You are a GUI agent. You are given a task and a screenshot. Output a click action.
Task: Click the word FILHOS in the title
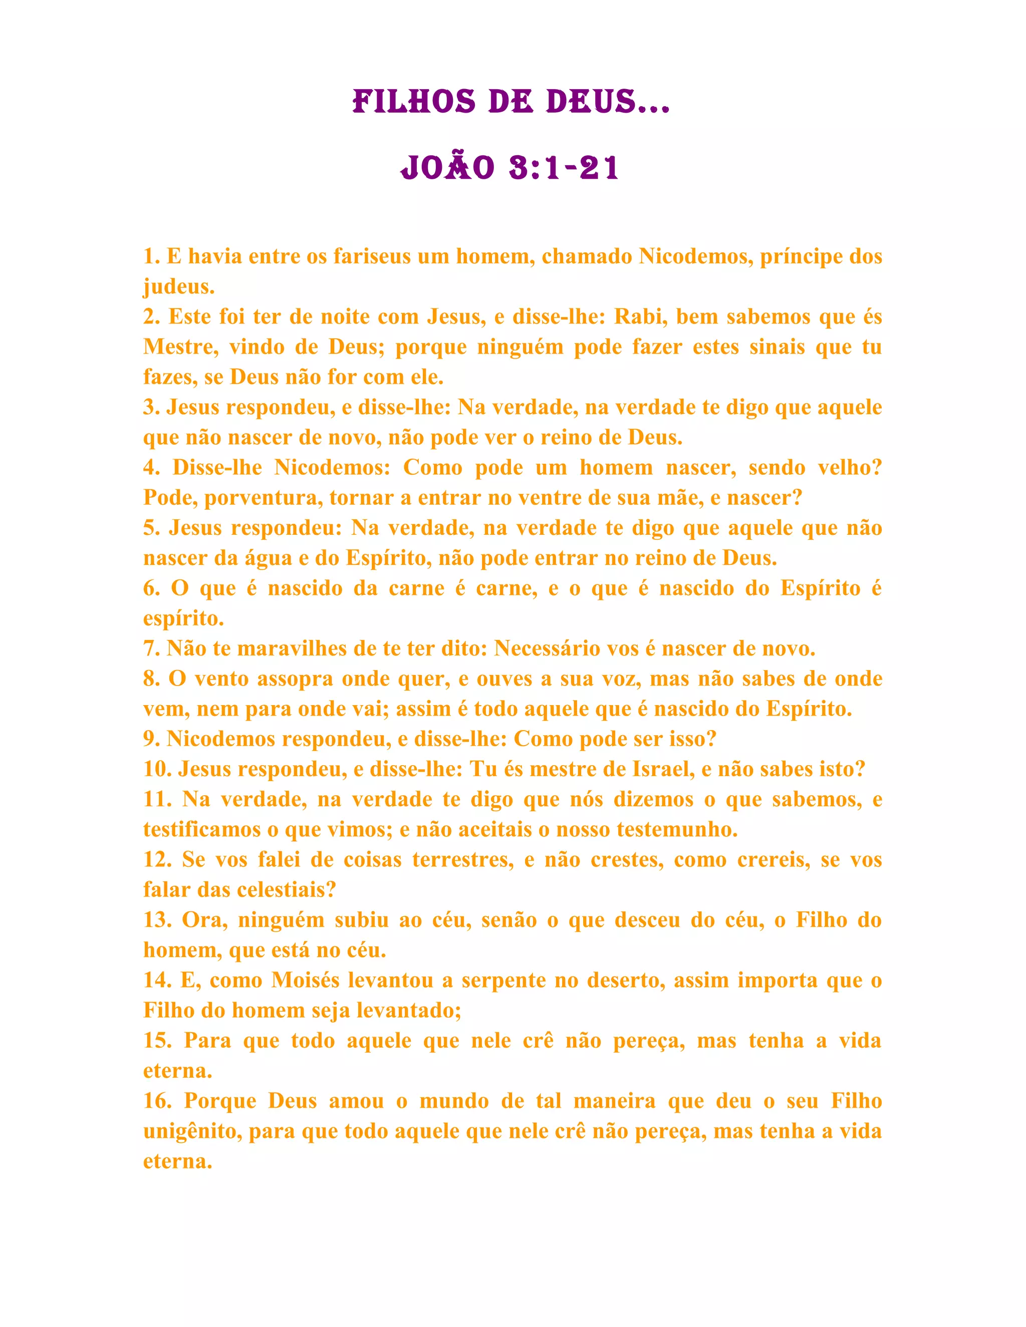pyautogui.click(x=414, y=102)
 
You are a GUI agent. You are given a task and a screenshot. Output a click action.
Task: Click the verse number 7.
pyautogui.click(x=151, y=648)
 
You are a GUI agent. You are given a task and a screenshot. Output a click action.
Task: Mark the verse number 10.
pyautogui.click(x=157, y=769)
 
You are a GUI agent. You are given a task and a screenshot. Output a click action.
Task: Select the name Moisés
pyautogui.click(x=305, y=980)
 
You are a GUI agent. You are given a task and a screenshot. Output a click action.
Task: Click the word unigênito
pyautogui.click(x=191, y=1131)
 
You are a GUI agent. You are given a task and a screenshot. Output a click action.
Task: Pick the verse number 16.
pyautogui.click(x=157, y=1101)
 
